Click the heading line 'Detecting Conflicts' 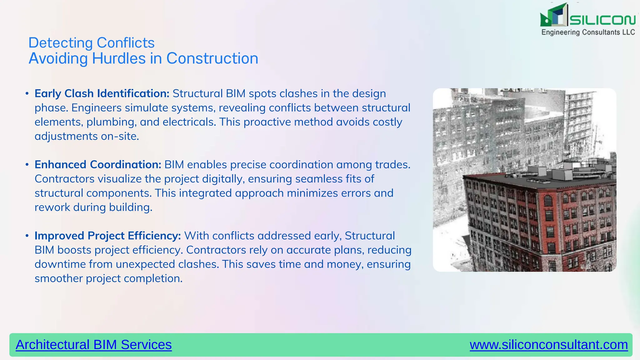coord(91,43)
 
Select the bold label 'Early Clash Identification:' coord(102,93)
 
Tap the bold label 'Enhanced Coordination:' coord(98,165)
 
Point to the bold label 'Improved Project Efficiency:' coord(108,236)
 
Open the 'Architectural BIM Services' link coord(94,345)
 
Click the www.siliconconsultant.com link coord(549,345)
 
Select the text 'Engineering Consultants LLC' coord(588,32)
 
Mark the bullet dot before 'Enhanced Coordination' coord(27,165)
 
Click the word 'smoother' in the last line coord(58,278)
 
